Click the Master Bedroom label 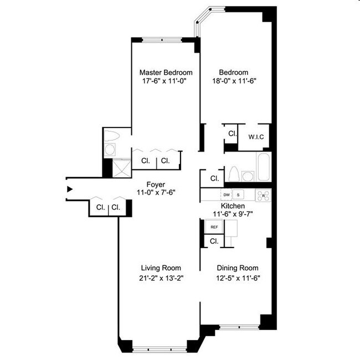(166, 73)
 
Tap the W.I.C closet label (255, 137)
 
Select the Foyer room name (155, 184)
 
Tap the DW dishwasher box (226, 195)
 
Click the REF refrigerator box (213, 227)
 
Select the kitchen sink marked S (239, 195)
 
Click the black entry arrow (69, 189)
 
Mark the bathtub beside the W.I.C (264, 167)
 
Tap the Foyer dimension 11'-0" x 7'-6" (155, 194)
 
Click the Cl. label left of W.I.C (232, 133)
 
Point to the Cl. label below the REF (214, 241)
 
